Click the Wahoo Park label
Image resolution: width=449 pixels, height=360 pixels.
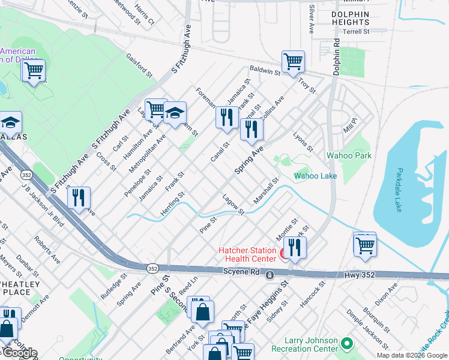point(349,155)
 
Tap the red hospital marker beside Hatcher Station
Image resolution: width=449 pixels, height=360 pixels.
point(283,254)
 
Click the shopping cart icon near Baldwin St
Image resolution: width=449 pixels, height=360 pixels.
point(293,61)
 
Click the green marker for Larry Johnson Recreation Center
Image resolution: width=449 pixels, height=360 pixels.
point(346,344)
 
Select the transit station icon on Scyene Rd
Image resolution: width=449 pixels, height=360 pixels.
point(270,275)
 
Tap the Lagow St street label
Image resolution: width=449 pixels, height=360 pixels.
point(233,204)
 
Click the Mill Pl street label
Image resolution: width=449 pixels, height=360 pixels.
point(349,125)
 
